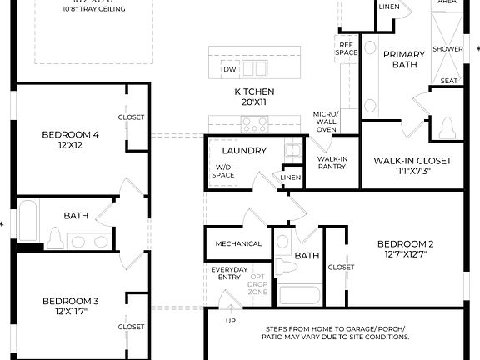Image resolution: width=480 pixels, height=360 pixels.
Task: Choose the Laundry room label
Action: (x=244, y=151)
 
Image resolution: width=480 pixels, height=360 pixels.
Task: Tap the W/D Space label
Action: (x=223, y=172)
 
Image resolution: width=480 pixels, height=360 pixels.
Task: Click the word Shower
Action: (x=447, y=49)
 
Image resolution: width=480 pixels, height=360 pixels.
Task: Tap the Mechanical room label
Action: (x=239, y=244)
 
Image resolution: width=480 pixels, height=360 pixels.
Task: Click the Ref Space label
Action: (x=347, y=48)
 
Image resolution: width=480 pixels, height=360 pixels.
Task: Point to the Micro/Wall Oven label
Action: (x=325, y=122)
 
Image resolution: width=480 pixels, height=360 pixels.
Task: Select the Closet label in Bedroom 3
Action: (x=131, y=327)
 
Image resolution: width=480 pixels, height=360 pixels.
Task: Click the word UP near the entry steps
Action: (x=231, y=321)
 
